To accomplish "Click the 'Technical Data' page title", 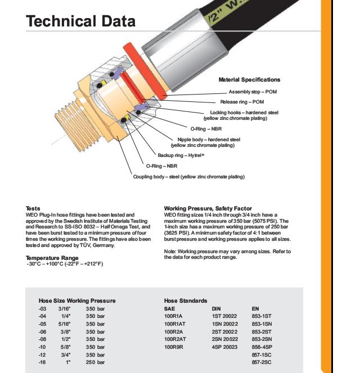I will click(x=80, y=21).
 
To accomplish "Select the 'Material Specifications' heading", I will click(x=249, y=80).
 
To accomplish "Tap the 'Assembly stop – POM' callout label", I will click(x=253, y=92).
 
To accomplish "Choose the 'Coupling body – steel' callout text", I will click(x=188, y=177).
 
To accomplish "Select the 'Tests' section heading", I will click(x=33, y=209).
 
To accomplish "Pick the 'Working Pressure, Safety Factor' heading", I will click(x=208, y=209).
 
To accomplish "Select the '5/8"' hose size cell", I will click(x=64, y=348).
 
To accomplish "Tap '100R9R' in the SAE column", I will click(x=174, y=348).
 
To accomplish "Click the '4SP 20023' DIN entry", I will click(x=224, y=348).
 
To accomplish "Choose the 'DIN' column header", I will click(x=216, y=309).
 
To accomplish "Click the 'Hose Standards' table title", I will click(x=186, y=301).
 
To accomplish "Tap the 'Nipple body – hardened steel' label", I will click(x=209, y=139).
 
